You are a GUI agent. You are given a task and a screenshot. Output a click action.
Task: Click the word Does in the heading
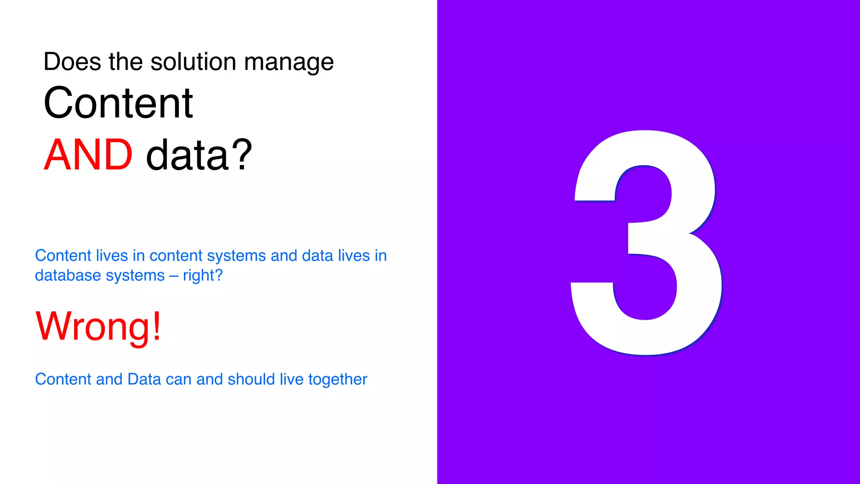[72, 62]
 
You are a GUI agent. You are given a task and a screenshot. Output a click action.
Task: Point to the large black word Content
[118, 103]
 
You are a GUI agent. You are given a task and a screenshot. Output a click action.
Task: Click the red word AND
[88, 155]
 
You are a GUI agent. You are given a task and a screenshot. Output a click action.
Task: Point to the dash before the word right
[173, 276]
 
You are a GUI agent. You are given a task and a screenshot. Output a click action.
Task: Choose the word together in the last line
[338, 379]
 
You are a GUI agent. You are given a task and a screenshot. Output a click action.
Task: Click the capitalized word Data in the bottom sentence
[144, 379]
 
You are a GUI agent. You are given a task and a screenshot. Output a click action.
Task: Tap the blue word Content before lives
[63, 255]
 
